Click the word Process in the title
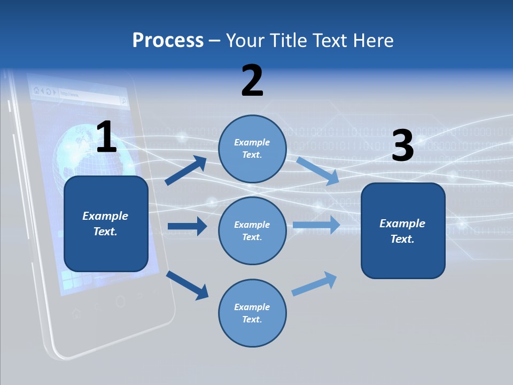pyautogui.click(x=168, y=40)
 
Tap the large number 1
pyautogui.click(x=106, y=137)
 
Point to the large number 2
pyautogui.click(x=252, y=81)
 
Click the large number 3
pyautogui.click(x=402, y=146)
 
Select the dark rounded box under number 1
pyautogui.click(x=106, y=224)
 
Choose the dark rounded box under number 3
pyautogui.click(x=403, y=230)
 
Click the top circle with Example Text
pyautogui.click(x=252, y=149)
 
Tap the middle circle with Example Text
pyautogui.click(x=252, y=230)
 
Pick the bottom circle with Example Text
pyautogui.click(x=252, y=313)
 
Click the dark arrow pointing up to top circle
pyautogui.click(x=186, y=171)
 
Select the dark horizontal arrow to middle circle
pyautogui.click(x=187, y=227)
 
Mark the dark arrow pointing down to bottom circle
pyautogui.click(x=187, y=285)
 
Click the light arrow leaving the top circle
pyautogui.click(x=318, y=171)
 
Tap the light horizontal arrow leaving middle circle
pyautogui.click(x=316, y=225)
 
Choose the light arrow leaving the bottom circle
pyautogui.click(x=315, y=284)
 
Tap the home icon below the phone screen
pyautogui.click(x=76, y=313)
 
